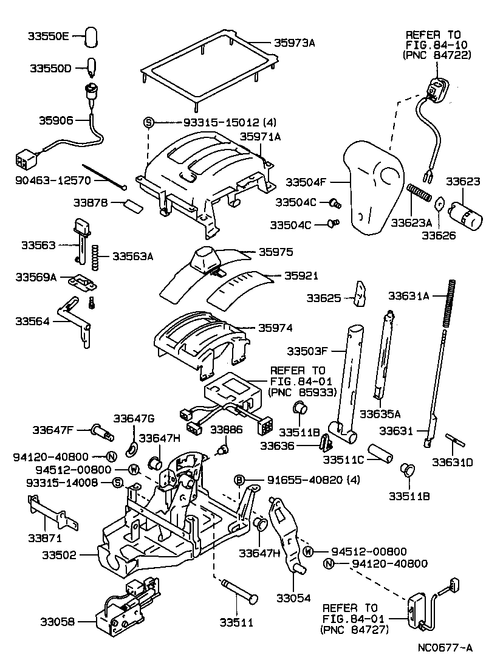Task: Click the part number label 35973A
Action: pos(294,43)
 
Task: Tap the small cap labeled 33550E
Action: pos(92,36)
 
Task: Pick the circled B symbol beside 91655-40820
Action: pos(240,480)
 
